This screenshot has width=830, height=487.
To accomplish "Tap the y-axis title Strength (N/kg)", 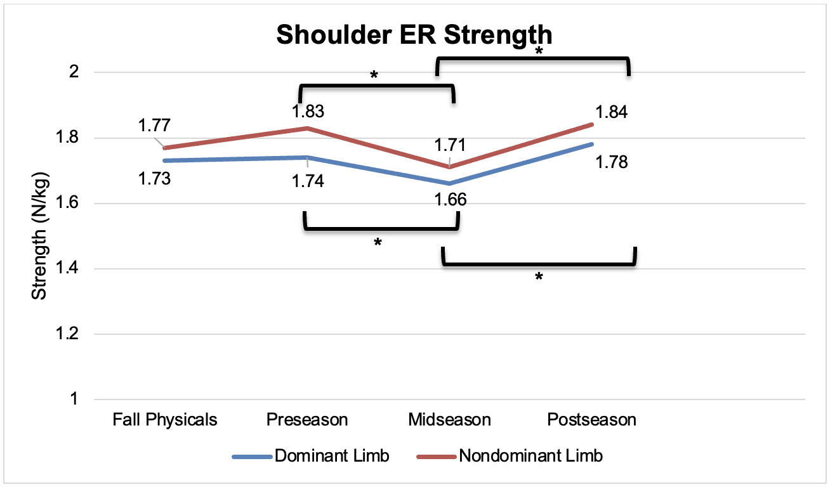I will click(x=40, y=237).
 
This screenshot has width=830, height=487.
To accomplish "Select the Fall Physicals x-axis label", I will click(x=165, y=420).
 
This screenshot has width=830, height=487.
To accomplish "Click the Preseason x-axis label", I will click(x=307, y=420).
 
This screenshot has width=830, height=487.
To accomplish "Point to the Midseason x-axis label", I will click(x=449, y=420).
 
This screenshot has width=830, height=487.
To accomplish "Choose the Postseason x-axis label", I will click(x=591, y=420).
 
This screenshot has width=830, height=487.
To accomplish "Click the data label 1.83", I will click(x=308, y=112).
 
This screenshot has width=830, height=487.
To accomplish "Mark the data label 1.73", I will click(x=154, y=179).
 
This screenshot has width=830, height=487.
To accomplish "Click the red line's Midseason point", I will click(x=449, y=167).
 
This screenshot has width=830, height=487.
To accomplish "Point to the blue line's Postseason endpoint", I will click(x=592, y=144).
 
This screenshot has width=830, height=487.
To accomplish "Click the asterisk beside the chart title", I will click(x=539, y=51).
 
